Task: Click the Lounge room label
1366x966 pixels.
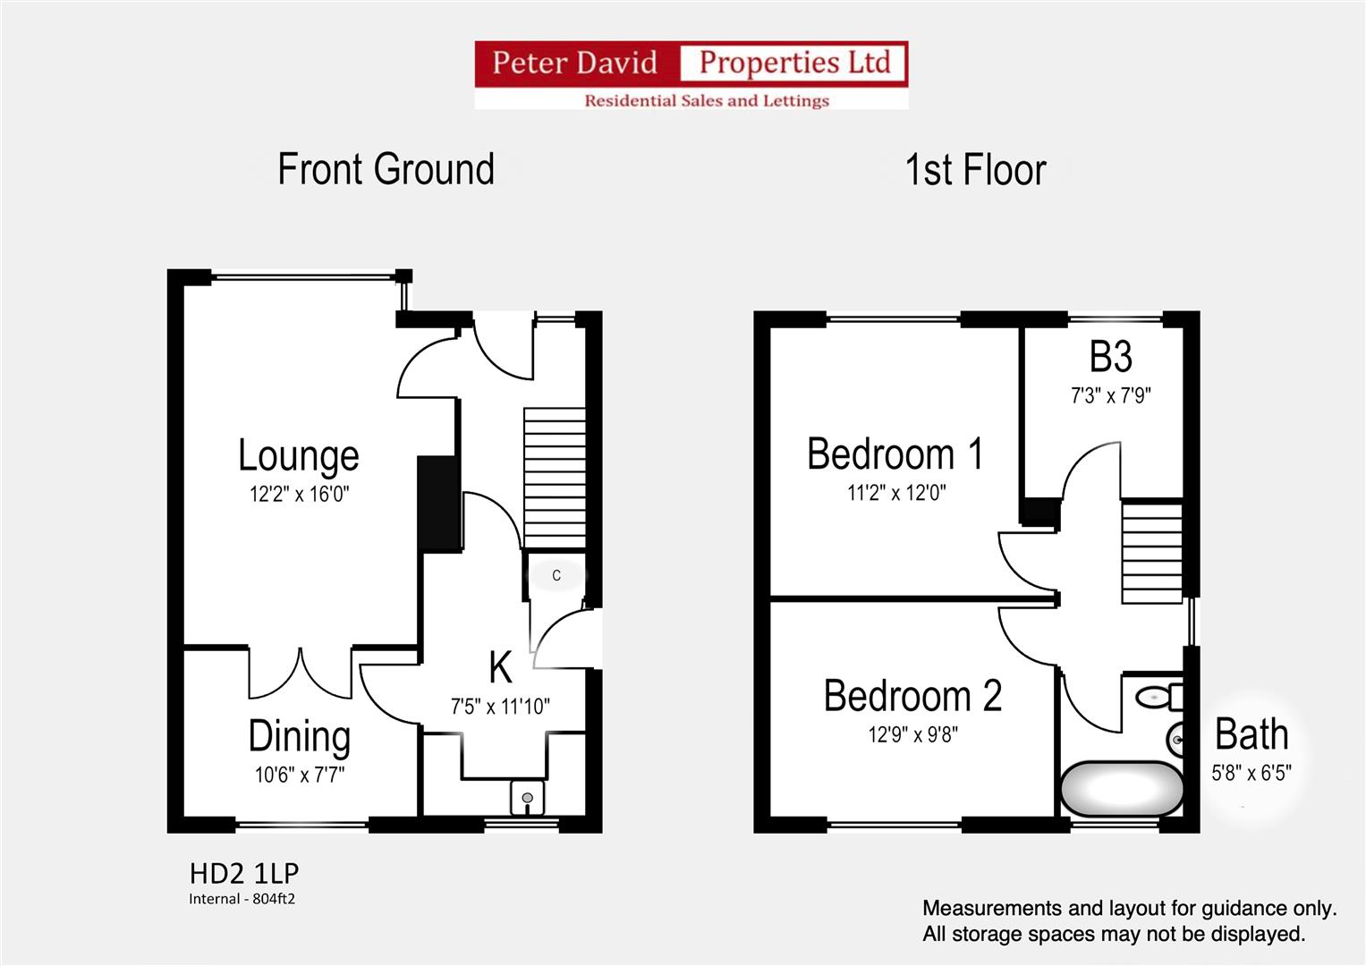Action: click(298, 455)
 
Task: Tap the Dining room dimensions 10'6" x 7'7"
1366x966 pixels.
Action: click(300, 775)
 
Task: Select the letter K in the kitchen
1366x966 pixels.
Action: click(500, 667)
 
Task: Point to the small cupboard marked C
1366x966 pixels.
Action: click(556, 575)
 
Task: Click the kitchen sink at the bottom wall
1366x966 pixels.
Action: click(528, 798)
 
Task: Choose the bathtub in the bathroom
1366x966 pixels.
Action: click(1122, 789)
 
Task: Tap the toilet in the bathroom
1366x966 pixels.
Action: click(1159, 697)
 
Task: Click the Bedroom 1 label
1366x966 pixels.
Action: click(895, 453)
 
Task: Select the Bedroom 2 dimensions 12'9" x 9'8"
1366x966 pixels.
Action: click(912, 734)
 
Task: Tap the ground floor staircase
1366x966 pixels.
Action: click(555, 478)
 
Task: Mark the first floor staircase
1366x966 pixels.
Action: click(1152, 552)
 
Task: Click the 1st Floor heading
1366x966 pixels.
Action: click(976, 169)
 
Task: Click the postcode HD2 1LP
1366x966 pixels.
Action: click(244, 873)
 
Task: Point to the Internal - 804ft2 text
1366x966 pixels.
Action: click(242, 899)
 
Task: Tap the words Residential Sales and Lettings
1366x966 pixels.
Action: click(707, 100)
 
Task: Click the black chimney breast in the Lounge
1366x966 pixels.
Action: click(437, 504)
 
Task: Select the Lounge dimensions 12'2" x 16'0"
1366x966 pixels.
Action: click(299, 494)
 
